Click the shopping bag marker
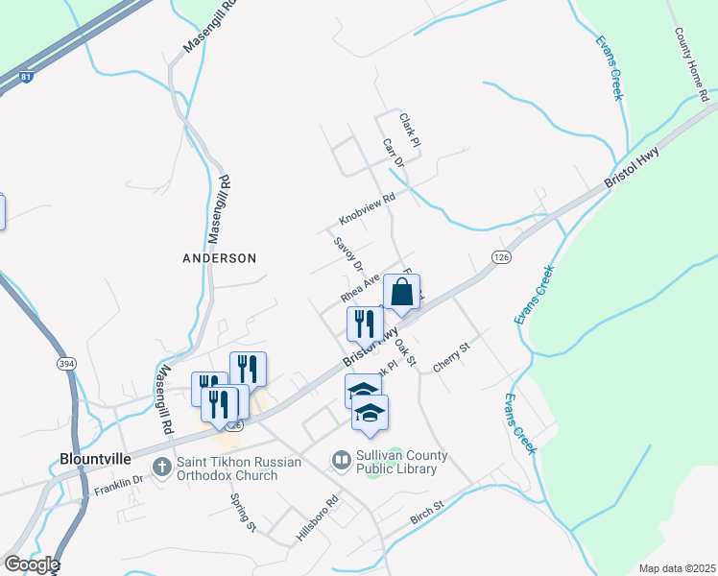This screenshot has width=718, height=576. tap(402, 293)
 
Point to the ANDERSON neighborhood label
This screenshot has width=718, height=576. tap(220, 258)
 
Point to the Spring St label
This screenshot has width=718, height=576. tap(243, 512)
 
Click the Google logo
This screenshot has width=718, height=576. tap(32, 564)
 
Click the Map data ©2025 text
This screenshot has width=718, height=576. tap(675, 568)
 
